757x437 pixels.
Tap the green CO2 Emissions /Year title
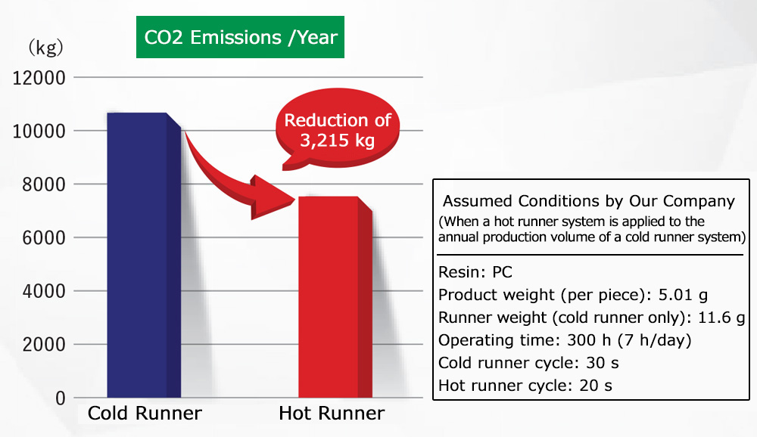tap(240, 36)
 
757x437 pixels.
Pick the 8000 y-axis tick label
tap(42, 184)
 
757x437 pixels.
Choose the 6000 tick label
tap(42, 238)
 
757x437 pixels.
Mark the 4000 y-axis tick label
tap(42, 291)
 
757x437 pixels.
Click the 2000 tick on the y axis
tap(42, 345)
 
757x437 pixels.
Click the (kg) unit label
tap(46, 48)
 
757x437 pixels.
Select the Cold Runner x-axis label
tap(145, 414)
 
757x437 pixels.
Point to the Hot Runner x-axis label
tap(332, 414)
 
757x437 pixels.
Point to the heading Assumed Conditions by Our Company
tap(588, 202)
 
